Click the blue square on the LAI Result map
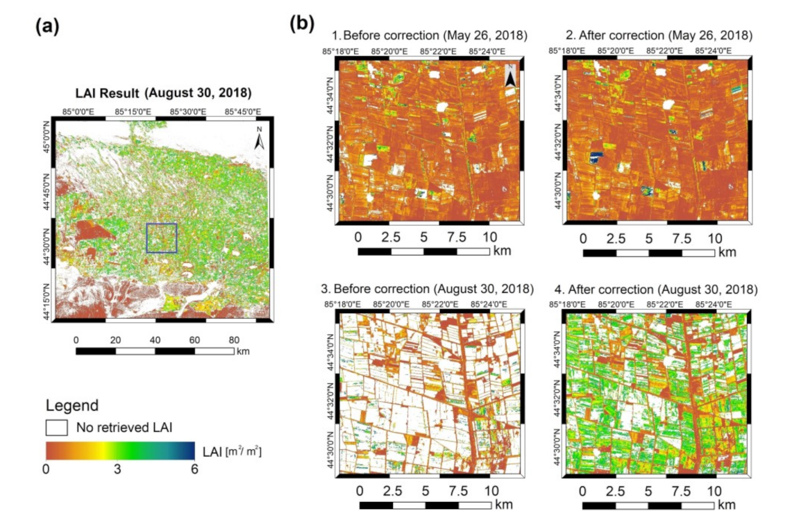(x=162, y=237)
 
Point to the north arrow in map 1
(x=510, y=75)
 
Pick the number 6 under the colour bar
(x=194, y=469)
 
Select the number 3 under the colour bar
(x=118, y=469)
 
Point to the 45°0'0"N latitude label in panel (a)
(x=47, y=137)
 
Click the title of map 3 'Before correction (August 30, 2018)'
(x=433, y=288)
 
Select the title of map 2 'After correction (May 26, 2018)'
(x=658, y=35)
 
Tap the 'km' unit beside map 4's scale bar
(x=727, y=505)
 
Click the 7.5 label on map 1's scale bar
(x=456, y=237)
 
